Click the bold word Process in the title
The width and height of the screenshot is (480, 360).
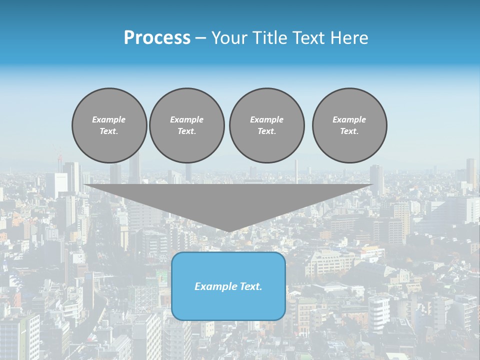[x=157, y=38]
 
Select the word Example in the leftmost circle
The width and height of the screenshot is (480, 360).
[x=109, y=119]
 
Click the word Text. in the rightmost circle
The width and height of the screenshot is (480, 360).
[x=349, y=131]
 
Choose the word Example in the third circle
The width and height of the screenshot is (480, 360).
[x=266, y=119]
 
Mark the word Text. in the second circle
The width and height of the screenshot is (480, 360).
[x=187, y=131]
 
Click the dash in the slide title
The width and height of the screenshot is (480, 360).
[x=201, y=38]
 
